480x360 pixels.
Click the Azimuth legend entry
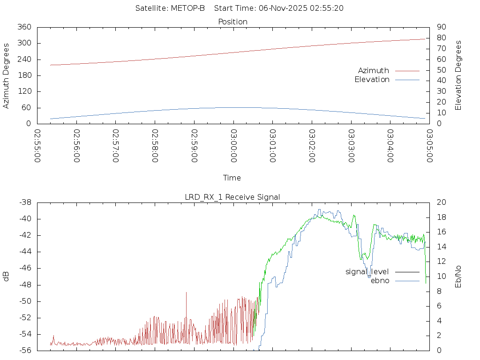374,71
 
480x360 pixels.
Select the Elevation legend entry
372,80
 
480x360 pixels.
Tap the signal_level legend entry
367,272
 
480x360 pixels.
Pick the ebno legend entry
380,281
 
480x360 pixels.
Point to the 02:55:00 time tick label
37,146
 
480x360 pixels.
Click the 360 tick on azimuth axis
24,27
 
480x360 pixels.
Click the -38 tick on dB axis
24,202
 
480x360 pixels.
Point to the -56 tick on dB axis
24,350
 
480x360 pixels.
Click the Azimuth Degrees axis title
6,76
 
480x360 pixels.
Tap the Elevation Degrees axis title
458,75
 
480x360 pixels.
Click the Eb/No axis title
458,277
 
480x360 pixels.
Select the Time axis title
232,178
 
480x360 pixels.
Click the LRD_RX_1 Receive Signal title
232,197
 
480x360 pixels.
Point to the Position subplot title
232,22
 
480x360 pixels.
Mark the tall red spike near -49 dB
186,293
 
